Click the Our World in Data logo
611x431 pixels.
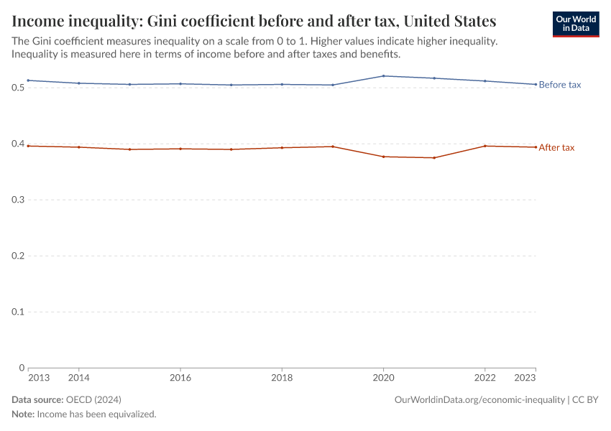pyautogui.click(x=575, y=23)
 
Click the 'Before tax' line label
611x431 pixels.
pyautogui.click(x=560, y=85)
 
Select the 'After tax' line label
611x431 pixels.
pyautogui.click(x=556, y=147)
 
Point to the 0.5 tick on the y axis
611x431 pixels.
pyautogui.click(x=18, y=88)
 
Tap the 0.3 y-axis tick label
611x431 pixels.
pyautogui.click(x=18, y=200)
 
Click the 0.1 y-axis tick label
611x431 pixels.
pyautogui.click(x=18, y=312)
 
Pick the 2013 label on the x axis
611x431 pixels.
pyautogui.click(x=38, y=377)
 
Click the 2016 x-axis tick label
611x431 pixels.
pyautogui.click(x=180, y=377)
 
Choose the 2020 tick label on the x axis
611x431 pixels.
pyautogui.click(x=384, y=377)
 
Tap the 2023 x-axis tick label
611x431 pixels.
pyautogui.click(x=525, y=377)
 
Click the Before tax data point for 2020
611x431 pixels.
pyautogui.click(x=384, y=76)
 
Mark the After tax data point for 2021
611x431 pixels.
pyautogui.click(x=434, y=157)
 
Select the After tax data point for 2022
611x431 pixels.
pyautogui.click(x=485, y=146)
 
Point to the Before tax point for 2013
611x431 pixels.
pyautogui.click(x=28, y=80)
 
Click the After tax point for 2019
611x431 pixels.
pyautogui.click(x=333, y=147)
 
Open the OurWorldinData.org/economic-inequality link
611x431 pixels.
pyautogui.click(x=479, y=399)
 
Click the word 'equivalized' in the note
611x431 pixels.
pyautogui.click(x=132, y=414)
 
